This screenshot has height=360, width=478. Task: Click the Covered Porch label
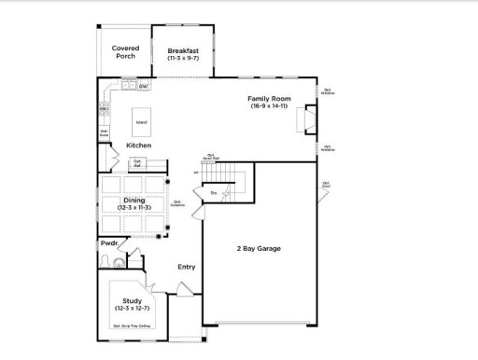[x=124, y=51]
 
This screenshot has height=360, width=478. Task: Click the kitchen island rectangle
[x=141, y=122]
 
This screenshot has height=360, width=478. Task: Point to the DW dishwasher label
[x=143, y=87]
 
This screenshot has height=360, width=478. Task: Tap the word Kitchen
[x=138, y=145]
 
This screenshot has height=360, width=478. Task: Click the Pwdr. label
[x=110, y=243]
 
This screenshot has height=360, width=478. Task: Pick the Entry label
[x=187, y=268]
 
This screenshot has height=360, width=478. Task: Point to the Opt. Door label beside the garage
[x=326, y=184]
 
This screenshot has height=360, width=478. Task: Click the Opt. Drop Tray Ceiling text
[x=131, y=326]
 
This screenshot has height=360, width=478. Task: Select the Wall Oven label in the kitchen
[x=105, y=132]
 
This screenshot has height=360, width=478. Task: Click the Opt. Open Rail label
[x=210, y=158]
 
